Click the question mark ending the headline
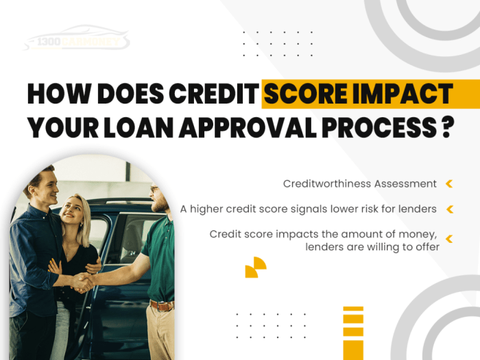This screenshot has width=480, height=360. (447, 128)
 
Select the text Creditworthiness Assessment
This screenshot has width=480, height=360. (359, 184)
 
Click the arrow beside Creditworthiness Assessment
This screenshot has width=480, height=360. (449, 184)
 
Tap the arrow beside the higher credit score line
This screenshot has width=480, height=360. (449, 208)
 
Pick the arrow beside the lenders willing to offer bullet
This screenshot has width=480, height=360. (449, 239)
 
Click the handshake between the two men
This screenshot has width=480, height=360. (84, 281)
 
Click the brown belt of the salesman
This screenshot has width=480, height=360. (163, 305)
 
